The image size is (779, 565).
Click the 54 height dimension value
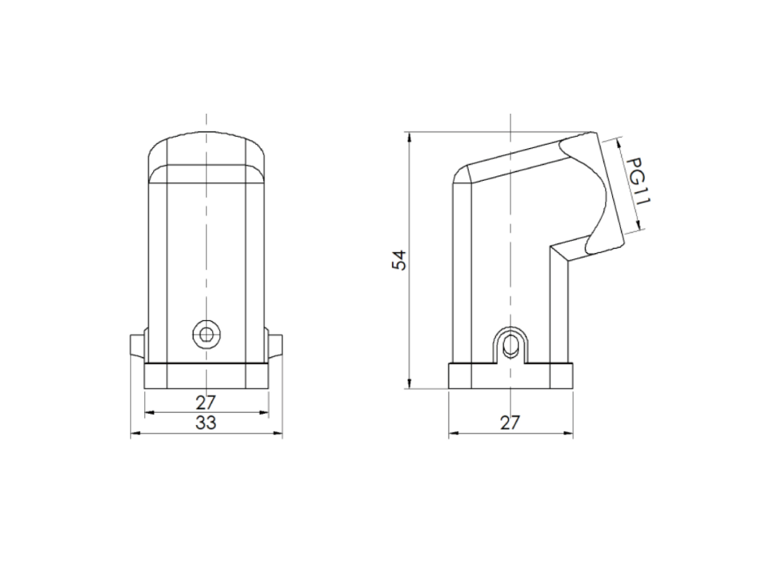(399, 260)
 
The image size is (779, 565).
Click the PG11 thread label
(638, 181)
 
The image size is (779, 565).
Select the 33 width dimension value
(206, 422)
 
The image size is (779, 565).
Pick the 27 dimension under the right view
(510, 423)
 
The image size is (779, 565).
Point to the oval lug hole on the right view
(511, 345)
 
